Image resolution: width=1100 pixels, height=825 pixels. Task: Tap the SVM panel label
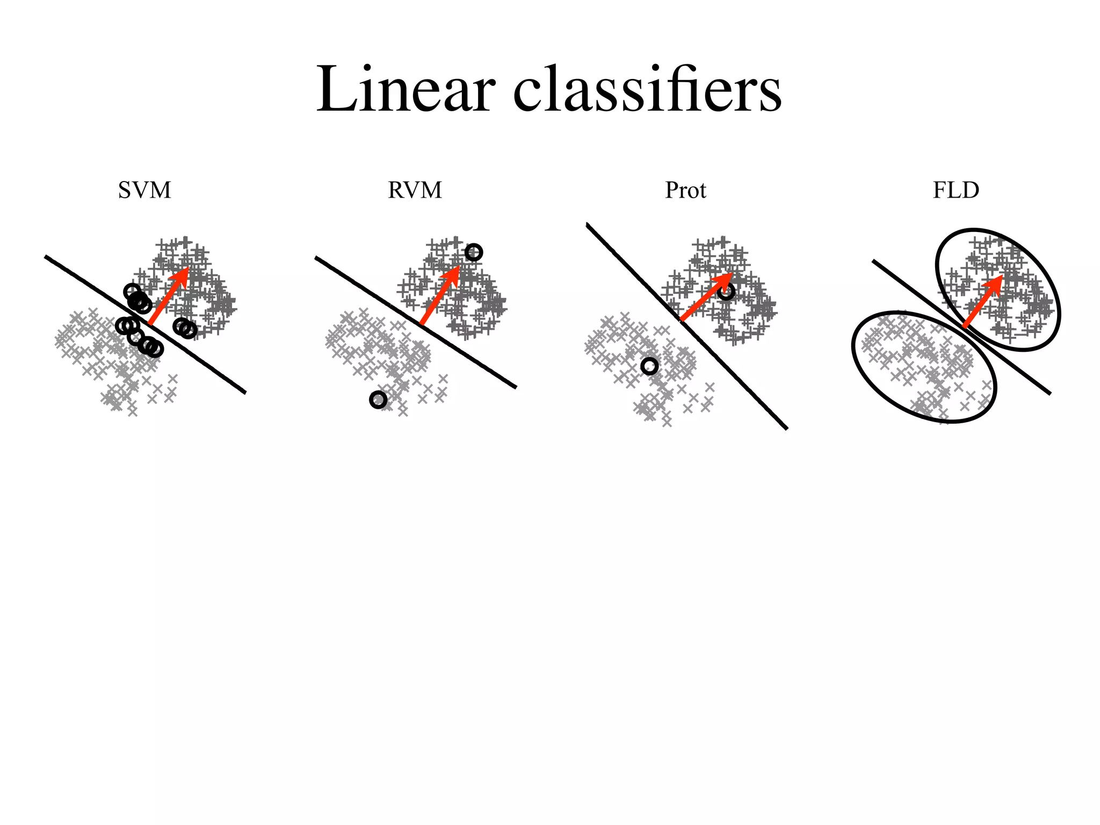(x=144, y=190)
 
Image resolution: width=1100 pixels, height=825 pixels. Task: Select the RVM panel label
(x=415, y=190)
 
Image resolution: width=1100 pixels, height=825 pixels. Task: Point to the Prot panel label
(x=685, y=190)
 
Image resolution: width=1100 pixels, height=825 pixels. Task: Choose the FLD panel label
(x=956, y=190)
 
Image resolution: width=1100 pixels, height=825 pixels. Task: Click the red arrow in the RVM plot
(x=438, y=297)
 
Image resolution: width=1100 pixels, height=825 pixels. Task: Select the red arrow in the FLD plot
(x=982, y=302)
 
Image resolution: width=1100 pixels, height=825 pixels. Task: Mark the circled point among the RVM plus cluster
(x=474, y=252)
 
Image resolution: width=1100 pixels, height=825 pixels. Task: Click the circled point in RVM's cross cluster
(x=378, y=400)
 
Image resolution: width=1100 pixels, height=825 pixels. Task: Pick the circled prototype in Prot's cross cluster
(x=649, y=366)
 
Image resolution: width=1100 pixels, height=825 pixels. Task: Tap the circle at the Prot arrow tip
(x=726, y=292)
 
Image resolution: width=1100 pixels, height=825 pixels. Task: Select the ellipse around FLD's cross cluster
(x=859, y=371)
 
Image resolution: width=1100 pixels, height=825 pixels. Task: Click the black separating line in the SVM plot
(x=215, y=372)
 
